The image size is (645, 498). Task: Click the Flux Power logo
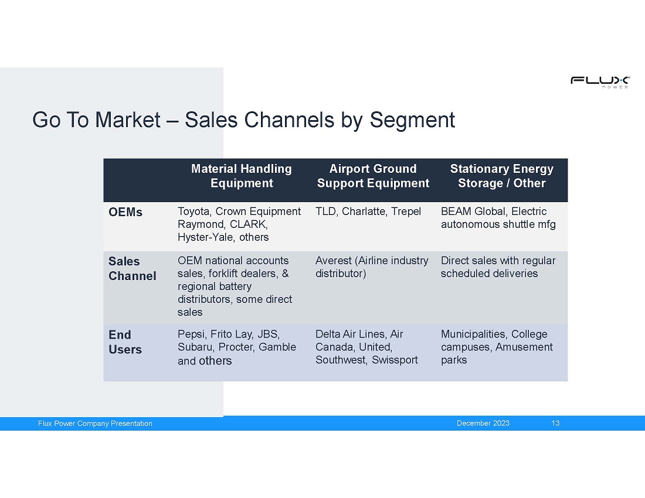(x=600, y=82)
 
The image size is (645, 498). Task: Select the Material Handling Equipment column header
(x=242, y=176)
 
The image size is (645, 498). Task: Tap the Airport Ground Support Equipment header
(x=373, y=176)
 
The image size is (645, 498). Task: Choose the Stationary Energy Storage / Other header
(x=502, y=176)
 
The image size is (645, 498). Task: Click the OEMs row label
(x=125, y=212)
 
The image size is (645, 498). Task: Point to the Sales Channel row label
(x=133, y=268)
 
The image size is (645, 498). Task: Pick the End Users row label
(x=125, y=342)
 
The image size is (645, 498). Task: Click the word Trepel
(x=406, y=212)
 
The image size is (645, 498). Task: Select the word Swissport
(x=395, y=360)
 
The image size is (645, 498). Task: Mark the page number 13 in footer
(x=555, y=423)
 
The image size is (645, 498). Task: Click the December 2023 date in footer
(x=483, y=423)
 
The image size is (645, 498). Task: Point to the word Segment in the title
(x=412, y=121)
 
